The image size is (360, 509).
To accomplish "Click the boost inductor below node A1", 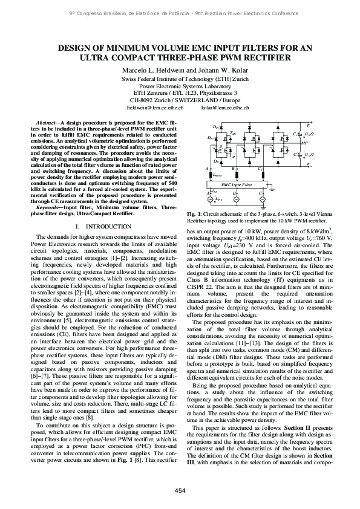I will pyautogui.click(x=210, y=174).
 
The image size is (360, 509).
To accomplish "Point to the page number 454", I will pyautogui.click(x=180, y=490).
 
